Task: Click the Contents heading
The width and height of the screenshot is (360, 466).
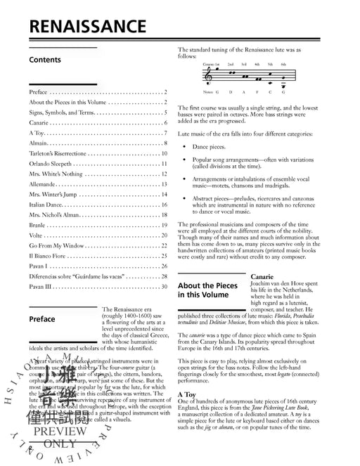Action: (45, 60)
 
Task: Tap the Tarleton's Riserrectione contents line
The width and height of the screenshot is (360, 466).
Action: (67, 153)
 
